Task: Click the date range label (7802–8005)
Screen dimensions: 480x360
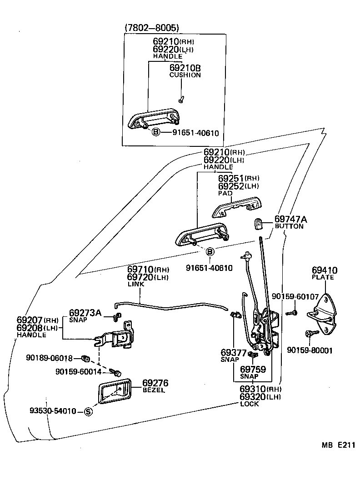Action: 152,28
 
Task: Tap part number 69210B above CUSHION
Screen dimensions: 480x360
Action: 185,68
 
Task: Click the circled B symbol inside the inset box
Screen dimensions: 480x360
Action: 155,133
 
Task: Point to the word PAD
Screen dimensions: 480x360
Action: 225,193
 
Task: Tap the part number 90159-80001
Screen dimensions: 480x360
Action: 310,350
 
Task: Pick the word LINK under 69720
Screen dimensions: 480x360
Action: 136,284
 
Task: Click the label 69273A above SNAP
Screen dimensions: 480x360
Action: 85,313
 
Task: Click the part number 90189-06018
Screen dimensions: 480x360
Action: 55,358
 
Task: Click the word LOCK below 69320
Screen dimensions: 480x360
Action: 249,404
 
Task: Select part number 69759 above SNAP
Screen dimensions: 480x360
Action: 253,370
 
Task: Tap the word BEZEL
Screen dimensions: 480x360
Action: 154,390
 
